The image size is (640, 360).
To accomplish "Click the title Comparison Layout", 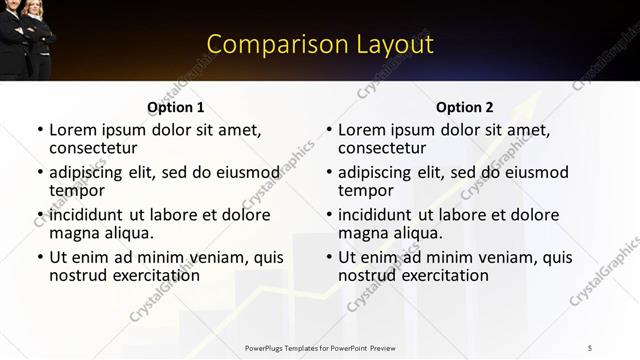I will (x=320, y=44).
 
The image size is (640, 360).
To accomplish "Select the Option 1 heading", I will (x=176, y=107).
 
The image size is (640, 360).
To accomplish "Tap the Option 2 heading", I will (x=465, y=107).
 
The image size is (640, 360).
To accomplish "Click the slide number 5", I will (x=591, y=347).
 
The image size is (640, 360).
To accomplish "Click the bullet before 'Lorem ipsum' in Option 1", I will (x=39, y=130).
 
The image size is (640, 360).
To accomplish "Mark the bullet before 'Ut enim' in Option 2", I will (x=328, y=257).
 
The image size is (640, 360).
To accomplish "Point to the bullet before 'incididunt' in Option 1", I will (x=39, y=215).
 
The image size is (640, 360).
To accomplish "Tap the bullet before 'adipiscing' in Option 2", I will (x=328, y=173).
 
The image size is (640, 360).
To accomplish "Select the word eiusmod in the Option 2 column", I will (x=535, y=172).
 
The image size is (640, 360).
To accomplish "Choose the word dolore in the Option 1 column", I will (x=245, y=214).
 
